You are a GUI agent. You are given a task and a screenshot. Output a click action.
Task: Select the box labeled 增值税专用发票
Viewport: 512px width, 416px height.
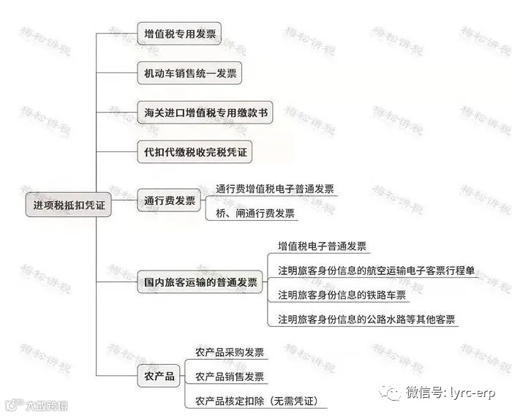coord(178,32)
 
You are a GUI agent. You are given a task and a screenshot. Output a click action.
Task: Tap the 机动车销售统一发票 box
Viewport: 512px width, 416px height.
coord(188,72)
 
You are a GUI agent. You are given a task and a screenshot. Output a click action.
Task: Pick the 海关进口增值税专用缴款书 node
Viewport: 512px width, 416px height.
coord(206,113)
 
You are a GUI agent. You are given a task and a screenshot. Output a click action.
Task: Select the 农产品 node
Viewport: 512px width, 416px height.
coord(159,376)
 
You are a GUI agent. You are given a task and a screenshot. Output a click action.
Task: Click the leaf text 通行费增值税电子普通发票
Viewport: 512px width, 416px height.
coord(275,189)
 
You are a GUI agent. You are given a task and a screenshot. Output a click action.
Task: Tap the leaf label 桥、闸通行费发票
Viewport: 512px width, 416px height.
coord(255,213)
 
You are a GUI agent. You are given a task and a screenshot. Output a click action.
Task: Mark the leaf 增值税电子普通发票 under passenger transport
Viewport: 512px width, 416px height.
coord(323,246)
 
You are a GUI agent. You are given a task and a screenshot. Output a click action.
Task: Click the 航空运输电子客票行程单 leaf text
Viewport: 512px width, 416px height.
coord(377,271)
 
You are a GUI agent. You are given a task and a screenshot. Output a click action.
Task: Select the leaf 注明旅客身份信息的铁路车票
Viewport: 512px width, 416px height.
coord(342,295)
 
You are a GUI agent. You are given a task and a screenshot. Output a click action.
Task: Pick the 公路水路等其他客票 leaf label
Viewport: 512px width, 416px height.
coord(366,319)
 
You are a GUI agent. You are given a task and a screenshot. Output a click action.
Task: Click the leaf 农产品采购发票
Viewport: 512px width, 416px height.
coord(229,352)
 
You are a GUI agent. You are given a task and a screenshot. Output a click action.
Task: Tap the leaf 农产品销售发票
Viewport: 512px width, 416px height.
coord(229,377)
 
